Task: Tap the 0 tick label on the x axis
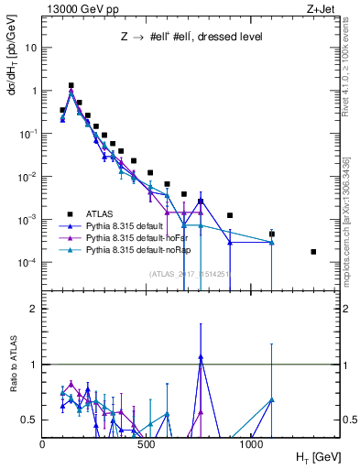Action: (x=43, y=444)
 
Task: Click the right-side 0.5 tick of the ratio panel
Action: (x=348, y=420)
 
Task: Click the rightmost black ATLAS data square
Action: (x=313, y=251)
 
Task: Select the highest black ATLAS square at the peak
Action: (x=71, y=85)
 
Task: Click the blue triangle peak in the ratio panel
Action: (x=201, y=357)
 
